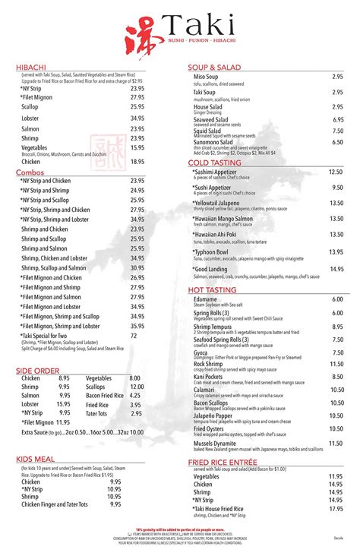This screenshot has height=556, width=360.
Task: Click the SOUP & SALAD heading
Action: point(216,68)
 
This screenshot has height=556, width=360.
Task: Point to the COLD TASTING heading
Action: point(215,163)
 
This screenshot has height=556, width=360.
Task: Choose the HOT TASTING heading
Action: point(213,289)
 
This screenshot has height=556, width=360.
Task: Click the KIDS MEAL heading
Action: point(36,459)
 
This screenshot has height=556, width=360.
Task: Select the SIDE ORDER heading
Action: point(37,370)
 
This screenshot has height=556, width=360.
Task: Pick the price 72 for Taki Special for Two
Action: point(134,335)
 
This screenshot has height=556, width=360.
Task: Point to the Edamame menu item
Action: point(207,299)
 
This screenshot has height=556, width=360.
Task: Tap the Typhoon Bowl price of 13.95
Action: point(336,252)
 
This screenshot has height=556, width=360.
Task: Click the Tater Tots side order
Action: point(98,414)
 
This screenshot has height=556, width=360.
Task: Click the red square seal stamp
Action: point(99,149)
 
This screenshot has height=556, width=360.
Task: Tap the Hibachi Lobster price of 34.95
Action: point(137,118)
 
